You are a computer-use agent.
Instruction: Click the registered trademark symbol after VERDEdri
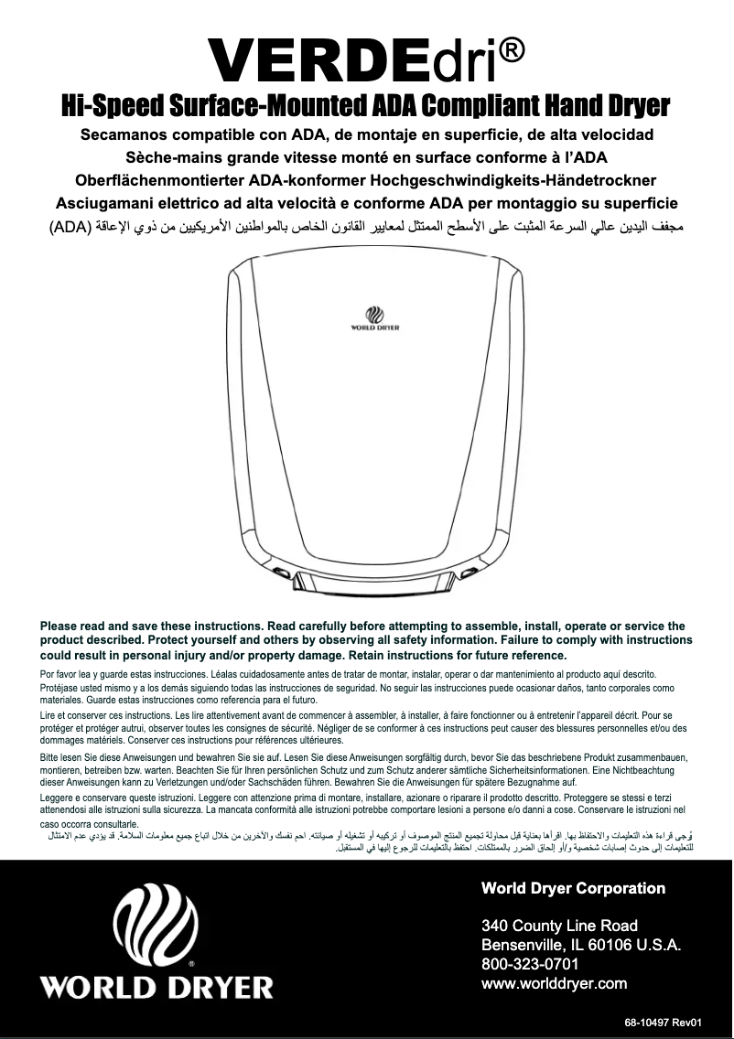tap(513, 51)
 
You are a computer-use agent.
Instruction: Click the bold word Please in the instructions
tap(60, 627)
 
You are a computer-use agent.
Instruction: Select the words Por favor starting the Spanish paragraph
tap(60, 674)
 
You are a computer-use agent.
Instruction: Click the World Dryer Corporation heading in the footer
tap(573, 888)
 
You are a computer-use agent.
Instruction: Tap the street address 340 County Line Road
tap(559, 926)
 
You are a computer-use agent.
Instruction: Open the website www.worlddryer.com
tap(554, 984)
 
